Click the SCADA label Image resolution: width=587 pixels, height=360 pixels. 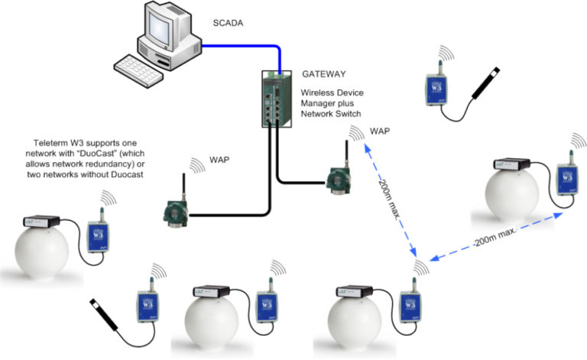228,24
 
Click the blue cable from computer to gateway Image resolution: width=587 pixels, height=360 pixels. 229,46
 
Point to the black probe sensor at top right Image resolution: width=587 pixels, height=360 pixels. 488,85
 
